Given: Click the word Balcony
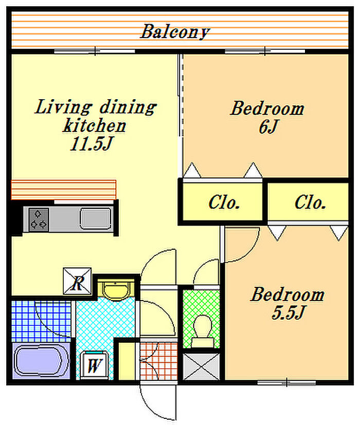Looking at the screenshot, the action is coord(175,32).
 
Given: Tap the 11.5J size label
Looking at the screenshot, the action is coord(92,143).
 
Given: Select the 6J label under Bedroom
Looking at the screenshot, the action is coord(268,126).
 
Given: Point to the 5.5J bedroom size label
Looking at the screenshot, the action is coord(288,312).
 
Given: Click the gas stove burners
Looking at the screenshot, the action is coord(38,219).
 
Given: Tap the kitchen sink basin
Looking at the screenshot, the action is coord(95,219).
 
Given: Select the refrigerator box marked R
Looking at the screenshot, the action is coord(77,281).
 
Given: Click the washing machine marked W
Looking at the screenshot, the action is coord(94,365).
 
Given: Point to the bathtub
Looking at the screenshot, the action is coord(41,361).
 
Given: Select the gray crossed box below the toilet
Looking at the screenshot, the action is coord(201,366).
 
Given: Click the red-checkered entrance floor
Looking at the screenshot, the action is coord(159,361).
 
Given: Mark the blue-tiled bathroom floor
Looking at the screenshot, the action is coord(41,321).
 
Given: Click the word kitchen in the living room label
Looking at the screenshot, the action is coord(95,125).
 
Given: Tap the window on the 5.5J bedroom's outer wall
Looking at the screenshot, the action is coord(286,383).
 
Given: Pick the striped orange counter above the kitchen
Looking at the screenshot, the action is coord(63,190).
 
